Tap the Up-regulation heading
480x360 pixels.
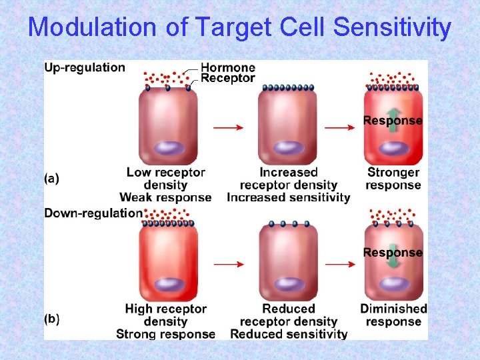(x=85, y=67)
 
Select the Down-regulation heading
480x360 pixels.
(x=93, y=213)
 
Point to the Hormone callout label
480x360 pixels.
(x=228, y=67)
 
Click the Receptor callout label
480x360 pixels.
(x=228, y=78)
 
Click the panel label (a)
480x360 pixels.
(x=51, y=178)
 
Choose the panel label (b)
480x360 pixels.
(x=51, y=319)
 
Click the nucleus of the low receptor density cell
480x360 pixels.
(x=168, y=148)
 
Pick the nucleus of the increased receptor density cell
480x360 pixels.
(x=287, y=148)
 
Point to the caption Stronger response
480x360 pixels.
(x=393, y=179)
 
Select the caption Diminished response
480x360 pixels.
(x=393, y=315)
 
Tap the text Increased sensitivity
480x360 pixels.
(x=288, y=197)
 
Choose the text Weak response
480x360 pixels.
(x=165, y=197)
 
